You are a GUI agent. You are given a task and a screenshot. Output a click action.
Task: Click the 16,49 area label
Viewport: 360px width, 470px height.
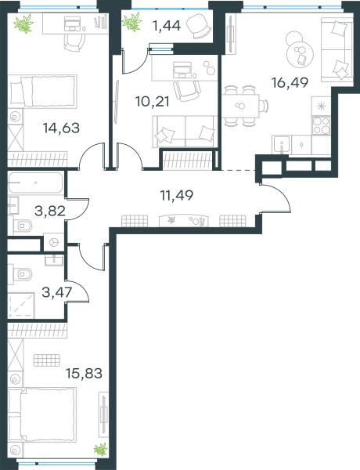click(290, 82)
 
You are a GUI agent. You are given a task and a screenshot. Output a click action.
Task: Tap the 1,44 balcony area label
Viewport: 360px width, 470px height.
click(167, 26)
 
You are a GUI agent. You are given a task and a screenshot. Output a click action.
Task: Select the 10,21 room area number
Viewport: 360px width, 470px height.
click(152, 101)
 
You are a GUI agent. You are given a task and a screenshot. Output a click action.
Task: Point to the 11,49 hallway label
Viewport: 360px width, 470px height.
click(177, 195)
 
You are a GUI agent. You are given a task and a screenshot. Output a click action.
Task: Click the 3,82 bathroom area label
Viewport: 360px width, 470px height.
click(50, 211)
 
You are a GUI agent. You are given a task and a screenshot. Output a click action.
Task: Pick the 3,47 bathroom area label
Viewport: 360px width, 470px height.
click(57, 292)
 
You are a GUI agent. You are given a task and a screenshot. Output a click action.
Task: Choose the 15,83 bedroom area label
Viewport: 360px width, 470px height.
click(84, 374)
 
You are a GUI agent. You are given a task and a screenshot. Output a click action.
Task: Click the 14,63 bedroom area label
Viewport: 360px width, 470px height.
click(61, 128)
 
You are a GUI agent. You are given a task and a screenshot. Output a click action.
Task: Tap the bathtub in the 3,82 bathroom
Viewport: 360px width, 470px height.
click(35, 183)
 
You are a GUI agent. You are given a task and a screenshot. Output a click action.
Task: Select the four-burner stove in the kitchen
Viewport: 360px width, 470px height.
click(321, 125)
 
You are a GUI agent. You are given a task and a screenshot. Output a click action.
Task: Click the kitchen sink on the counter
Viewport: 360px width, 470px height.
click(281, 145)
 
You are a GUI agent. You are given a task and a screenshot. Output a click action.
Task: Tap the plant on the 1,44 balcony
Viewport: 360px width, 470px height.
click(131, 22)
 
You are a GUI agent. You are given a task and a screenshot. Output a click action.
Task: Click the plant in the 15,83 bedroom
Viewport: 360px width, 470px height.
click(100, 450)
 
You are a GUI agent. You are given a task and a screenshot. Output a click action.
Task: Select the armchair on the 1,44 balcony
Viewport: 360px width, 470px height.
click(199, 27)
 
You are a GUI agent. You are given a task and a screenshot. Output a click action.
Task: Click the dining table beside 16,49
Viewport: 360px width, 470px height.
click(240, 106)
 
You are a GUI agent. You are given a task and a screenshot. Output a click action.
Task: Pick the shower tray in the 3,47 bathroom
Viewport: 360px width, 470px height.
click(21, 305)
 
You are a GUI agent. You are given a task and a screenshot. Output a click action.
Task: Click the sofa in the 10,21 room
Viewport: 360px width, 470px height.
click(185, 132)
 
